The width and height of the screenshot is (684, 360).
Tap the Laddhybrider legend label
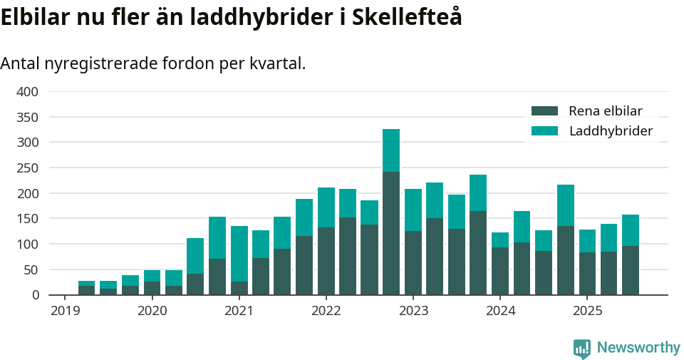click(611, 131)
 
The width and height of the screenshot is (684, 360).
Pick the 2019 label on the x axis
click(65, 311)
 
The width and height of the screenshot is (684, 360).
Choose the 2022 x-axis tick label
click(326, 311)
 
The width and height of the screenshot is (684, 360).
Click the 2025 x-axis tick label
click(587, 311)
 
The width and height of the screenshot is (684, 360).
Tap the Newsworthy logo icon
click(581, 348)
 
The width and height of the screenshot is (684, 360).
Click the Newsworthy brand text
click(638, 348)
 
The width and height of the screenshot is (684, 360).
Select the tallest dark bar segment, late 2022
click(391, 233)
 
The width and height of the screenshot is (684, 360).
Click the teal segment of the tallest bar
click(391, 150)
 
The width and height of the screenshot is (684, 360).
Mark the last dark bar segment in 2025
click(631, 270)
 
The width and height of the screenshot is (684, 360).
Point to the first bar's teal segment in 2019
click(87, 283)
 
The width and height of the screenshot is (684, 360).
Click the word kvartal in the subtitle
click(277, 63)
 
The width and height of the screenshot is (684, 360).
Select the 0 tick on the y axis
click(33, 295)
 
